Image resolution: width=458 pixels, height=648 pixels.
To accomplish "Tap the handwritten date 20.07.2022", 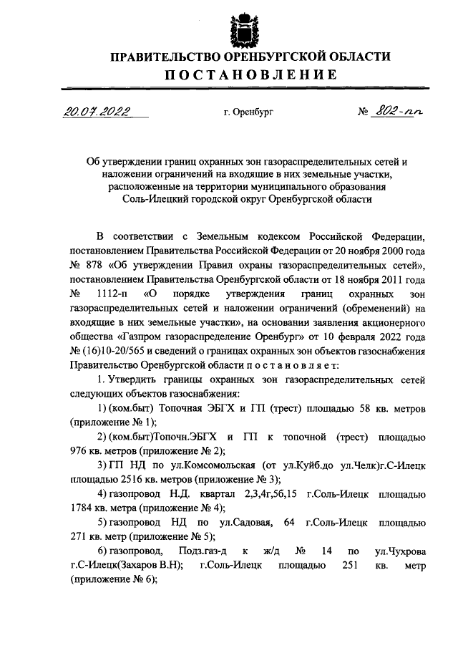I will point(94,111).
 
